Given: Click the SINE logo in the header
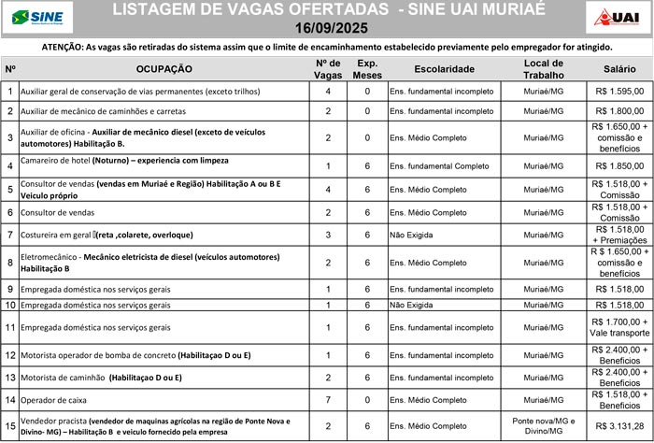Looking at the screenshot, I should pyautogui.click(x=32, y=17).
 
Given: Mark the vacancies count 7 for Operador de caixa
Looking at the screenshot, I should pyautogui.click(x=328, y=400).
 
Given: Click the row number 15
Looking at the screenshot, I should pyautogui.click(x=9, y=425).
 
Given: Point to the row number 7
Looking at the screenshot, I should pyautogui.click(x=9, y=234).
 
